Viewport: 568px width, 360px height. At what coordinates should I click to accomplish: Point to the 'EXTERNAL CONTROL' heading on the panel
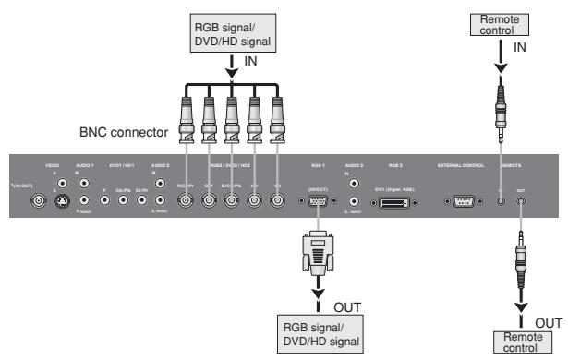pyautogui.click(x=459, y=166)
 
